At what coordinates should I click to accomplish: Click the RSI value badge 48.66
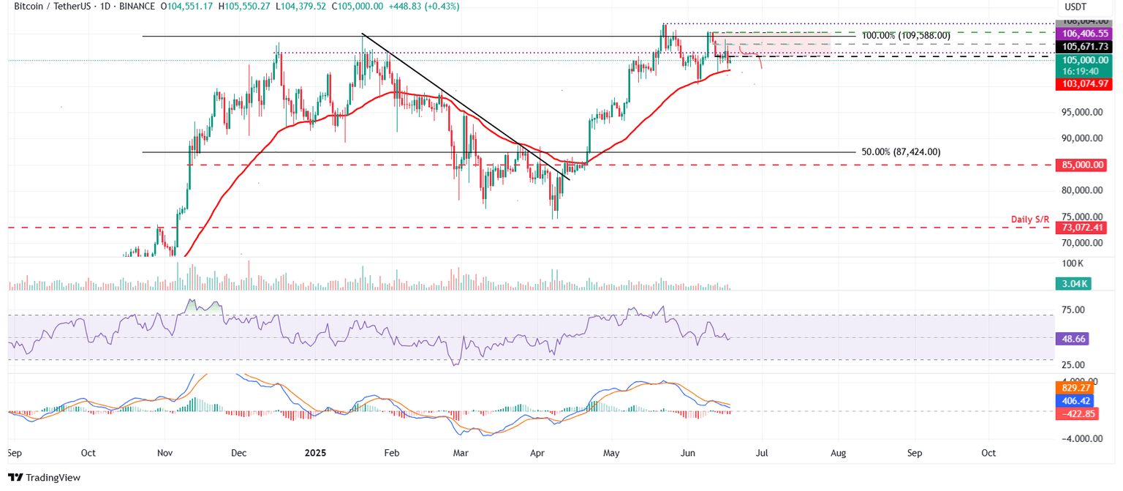[1073, 340]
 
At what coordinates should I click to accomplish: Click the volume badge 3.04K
[1073, 284]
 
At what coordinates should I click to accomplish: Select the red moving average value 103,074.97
[1081, 85]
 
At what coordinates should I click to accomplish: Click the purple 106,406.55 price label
[1081, 34]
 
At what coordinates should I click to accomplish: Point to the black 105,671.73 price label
[1081, 47]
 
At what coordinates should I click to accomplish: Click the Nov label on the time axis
[165, 453]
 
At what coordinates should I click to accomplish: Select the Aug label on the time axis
[838, 453]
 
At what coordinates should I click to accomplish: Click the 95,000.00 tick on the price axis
[1083, 112]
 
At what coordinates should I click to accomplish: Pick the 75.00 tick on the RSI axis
[1072, 310]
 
